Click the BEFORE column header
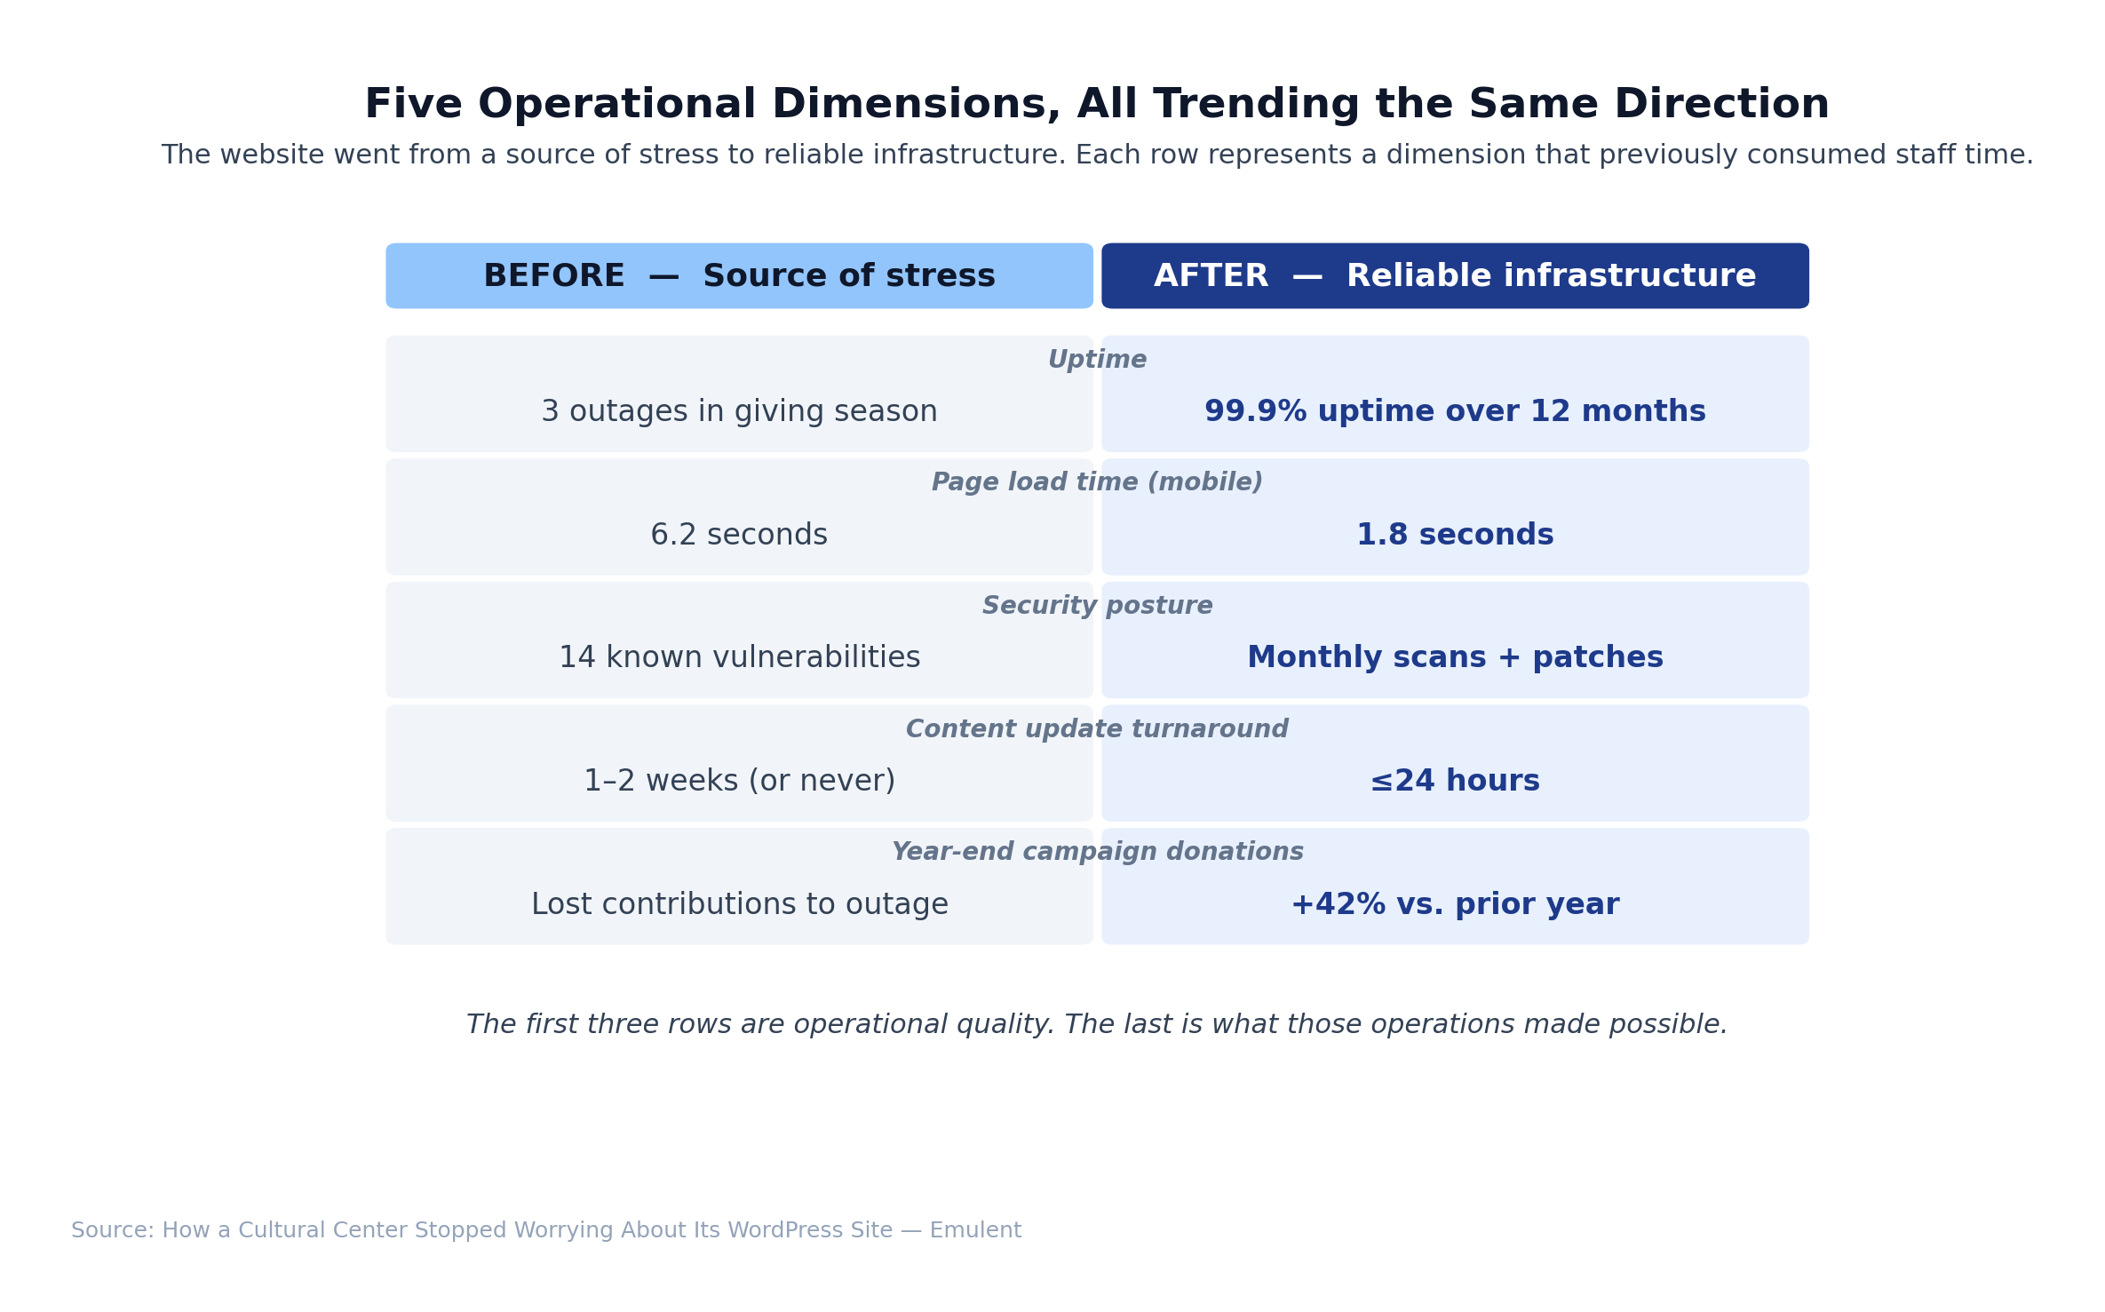739,276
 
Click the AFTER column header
1455,276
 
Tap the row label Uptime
1097,360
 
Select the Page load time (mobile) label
1097,482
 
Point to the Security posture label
1097,606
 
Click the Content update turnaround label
1097,729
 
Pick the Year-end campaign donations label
1097,852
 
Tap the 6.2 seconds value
739,535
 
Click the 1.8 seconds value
1455,535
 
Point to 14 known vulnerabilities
739,658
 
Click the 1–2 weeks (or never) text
739,781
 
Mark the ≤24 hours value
1455,781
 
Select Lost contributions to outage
739,904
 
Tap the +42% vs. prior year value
1455,904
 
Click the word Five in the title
413,105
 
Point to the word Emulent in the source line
975,1230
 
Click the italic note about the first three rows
1097,1025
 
